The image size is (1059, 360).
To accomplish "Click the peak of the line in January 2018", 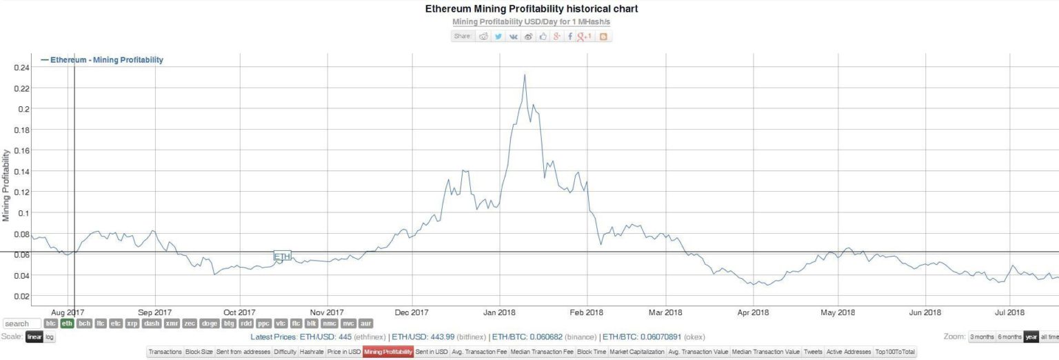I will click(525, 75).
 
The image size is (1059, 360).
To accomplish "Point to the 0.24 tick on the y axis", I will click(20, 67).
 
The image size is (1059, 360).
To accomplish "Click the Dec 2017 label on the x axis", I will click(412, 312).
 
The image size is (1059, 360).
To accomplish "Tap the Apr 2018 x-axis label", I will click(753, 312).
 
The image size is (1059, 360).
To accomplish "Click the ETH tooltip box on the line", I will click(282, 257).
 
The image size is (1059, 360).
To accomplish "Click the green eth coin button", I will click(67, 323).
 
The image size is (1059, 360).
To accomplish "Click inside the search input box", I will click(21, 323).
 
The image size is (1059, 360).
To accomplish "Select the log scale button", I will click(50, 337).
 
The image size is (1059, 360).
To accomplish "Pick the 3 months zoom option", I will click(981, 337).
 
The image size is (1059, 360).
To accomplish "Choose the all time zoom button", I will click(1049, 337).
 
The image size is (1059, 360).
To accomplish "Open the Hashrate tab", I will click(312, 352).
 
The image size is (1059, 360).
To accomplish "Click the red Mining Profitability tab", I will click(388, 352).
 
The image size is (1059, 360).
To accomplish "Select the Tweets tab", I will click(814, 352).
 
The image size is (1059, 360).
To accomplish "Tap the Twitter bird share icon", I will click(498, 37).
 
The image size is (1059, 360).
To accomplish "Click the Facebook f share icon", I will click(569, 37).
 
